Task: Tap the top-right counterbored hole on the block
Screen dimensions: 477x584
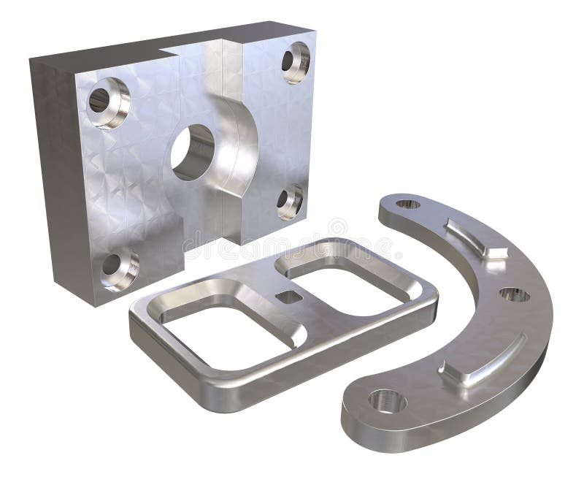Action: click(296, 61)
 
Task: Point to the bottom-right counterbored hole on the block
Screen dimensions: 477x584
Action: click(290, 201)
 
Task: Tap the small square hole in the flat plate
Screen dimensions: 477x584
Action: click(289, 296)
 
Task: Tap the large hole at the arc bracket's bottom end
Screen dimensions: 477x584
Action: click(386, 400)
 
